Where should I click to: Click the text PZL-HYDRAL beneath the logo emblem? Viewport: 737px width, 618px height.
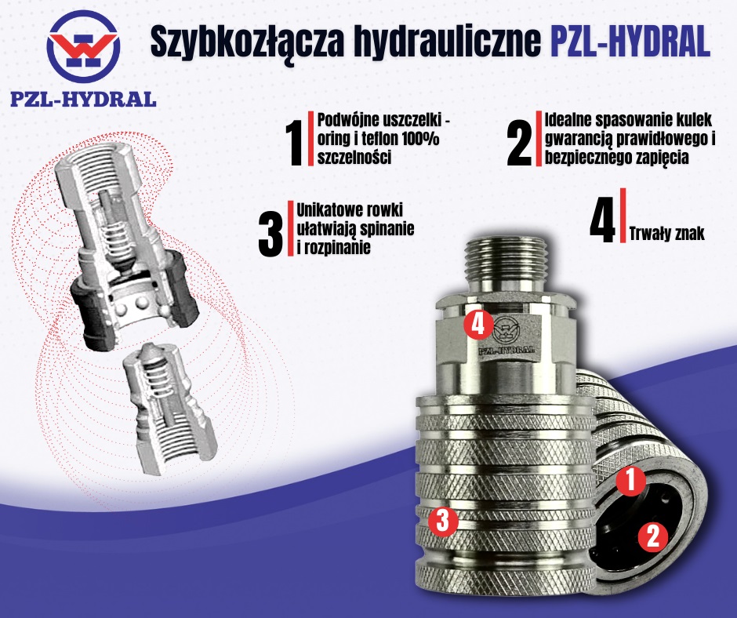pos(83,100)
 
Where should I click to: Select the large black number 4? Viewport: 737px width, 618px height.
pos(601,223)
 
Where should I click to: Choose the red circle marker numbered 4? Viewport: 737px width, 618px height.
pos(478,324)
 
